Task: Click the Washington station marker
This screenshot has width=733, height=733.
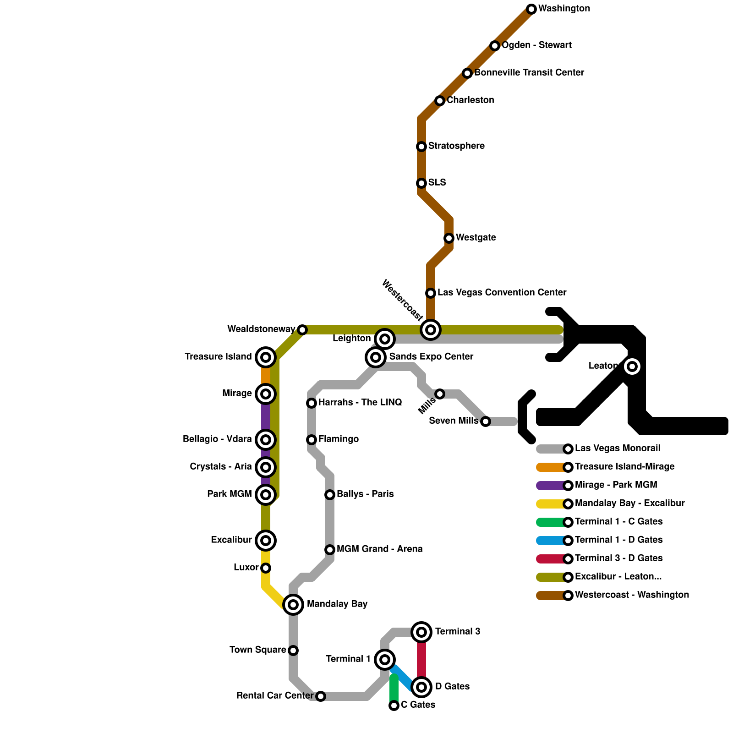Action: click(531, 9)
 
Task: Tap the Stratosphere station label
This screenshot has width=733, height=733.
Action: click(456, 146)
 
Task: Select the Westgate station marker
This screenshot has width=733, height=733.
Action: click(449, 238)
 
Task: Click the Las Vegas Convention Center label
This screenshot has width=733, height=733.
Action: click(502, 293)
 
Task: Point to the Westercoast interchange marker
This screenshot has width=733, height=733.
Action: click(431, 330)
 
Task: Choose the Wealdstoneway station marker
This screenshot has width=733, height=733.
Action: click(302, 330)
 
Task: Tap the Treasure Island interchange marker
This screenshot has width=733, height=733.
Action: click(266, 357)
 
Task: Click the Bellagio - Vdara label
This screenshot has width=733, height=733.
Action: click(217, 439)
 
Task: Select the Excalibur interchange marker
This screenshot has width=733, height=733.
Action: click(266, 541)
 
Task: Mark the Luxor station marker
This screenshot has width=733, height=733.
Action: click(266, 568)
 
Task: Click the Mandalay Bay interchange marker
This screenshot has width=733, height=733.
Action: click(293, 605)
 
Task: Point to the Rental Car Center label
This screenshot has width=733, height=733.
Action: click(275, 696)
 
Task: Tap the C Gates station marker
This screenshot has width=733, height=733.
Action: click(394, 706)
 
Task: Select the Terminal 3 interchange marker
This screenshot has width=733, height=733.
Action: click(421, 632)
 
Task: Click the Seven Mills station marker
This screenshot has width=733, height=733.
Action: click(486, 421)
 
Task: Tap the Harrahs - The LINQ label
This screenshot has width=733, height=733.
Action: click(360, 403)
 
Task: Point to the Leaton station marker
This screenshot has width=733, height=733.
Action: click(632, 366)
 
